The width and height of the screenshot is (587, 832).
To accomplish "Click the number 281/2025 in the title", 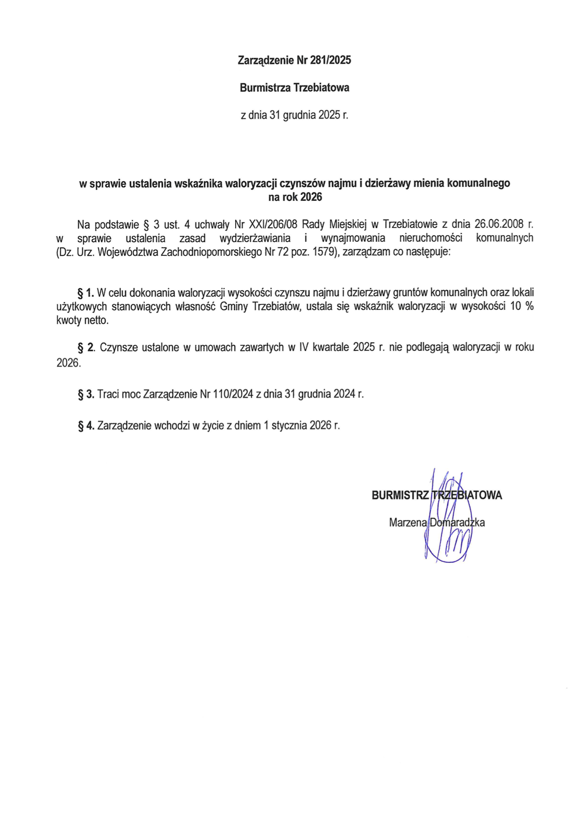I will coord(331,60).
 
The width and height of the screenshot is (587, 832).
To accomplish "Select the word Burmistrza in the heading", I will coord(265,88).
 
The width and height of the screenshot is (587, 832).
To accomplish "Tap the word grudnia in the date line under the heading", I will coord(299,115).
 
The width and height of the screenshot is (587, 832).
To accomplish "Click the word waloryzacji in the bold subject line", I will coord(251,183).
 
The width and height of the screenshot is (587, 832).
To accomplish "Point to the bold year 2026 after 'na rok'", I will coord(311,198).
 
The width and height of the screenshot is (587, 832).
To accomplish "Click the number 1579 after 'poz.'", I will coord(323,252).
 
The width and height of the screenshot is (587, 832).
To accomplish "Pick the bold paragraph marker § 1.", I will coord(86,293).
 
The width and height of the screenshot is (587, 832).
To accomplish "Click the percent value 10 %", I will coord(522,307).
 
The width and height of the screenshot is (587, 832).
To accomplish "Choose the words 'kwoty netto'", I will coord(82,321).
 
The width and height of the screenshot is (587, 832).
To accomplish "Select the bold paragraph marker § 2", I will coord(86,348).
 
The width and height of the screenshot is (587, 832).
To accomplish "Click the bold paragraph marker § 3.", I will coord(86,394).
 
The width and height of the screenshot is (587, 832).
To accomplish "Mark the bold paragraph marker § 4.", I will coord(86,426).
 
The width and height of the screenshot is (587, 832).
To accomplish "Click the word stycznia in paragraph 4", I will coord(289,426).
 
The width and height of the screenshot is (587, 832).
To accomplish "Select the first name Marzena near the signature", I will coord(408,523).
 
